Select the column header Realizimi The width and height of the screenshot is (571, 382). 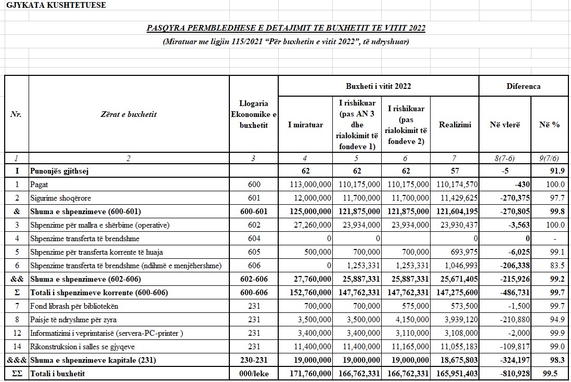pos(455,125)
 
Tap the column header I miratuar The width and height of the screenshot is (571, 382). pos(305,125)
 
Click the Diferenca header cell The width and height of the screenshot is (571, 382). pos(523,86)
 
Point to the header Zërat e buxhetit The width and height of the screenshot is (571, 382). pos(128,114)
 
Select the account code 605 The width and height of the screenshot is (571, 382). pos(253,252)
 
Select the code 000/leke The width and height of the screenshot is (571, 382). pos(253,374)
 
